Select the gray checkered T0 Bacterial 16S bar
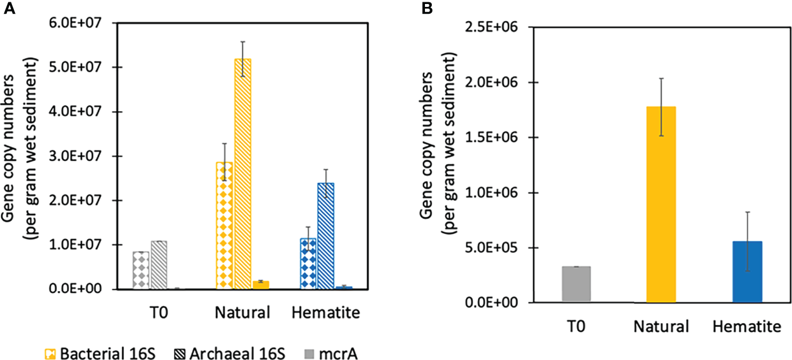[x=141, y=270]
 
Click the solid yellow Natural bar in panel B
[x=661, y=204]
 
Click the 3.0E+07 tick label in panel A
[x=87, y=156]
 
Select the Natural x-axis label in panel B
[x=661, y=327]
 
